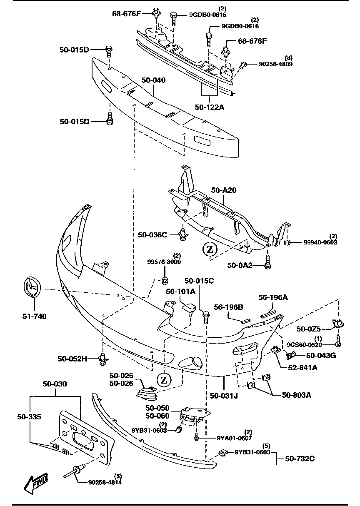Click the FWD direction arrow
point(36,483)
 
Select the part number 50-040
point(153,80)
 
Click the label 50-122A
point(209,107)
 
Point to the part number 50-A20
point(224,190)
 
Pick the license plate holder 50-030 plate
point(85,437)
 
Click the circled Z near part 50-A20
point(210,249)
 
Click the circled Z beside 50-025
point(164,380)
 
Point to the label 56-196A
point(273,297)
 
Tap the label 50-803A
point(297,394)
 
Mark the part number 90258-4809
point(276,65)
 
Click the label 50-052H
point(72,358)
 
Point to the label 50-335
point(29,416)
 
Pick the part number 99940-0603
point(320,242)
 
